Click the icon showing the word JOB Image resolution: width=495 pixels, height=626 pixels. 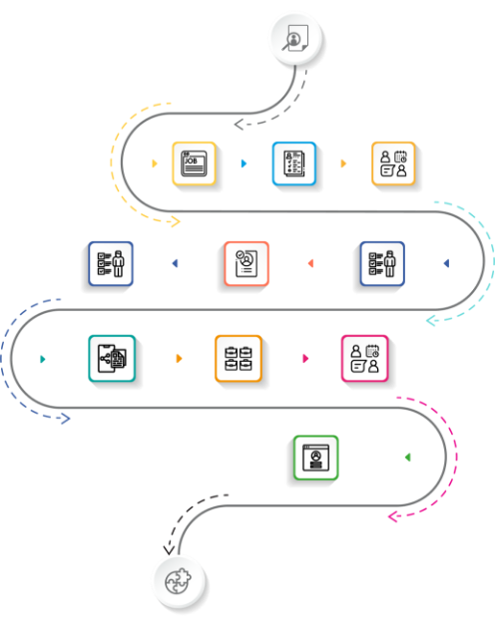pyautogui.click(x=195, y=163)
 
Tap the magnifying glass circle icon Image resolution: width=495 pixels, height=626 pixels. pyautogui.click(x=296, y=39)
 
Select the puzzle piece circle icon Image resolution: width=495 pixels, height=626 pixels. pyautogui.click(x=180, y=582)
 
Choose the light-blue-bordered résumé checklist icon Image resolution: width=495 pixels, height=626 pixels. pyautogui.click(x=294, y=163)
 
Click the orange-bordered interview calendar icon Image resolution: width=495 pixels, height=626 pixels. pyautogui.click(x=393, y=163)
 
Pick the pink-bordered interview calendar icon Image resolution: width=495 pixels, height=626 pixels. pyautogui.click(x=364, y=359)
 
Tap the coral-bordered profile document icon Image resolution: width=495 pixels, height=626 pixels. pyautogui.click(x=247, y=263)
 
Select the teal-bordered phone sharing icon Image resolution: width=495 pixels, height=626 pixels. pyautogui.click(x=112, y=359)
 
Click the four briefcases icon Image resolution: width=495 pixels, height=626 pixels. pyautogui.click(x=239, y=359)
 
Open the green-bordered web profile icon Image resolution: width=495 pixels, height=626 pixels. pyautogui.click(x=316, y=458)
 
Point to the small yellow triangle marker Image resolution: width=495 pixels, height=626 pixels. pyautogui.click(x=155, y=163)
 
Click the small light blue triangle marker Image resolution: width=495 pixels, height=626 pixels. pyautogui.click(x=244, y=163)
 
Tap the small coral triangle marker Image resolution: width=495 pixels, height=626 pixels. pyautogui.click(x=310, y=263)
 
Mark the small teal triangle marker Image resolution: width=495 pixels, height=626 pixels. pyautogui.click(x=43, y=359)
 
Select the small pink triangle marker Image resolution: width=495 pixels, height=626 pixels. pyautogui.click(x=305, y=358)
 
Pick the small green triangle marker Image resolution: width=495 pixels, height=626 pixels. pyautogui.click(x=408, y=458)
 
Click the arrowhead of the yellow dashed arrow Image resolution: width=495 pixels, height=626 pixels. pyautogui.click(x=176, y=221)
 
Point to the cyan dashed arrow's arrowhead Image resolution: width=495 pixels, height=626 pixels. pyautogui.click(x=430, y=320)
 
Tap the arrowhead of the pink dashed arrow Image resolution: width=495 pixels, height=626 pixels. pyautogui.click(x=392, y=516)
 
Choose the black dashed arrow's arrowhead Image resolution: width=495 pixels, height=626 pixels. pyautogui.click(x=169, y=551)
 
